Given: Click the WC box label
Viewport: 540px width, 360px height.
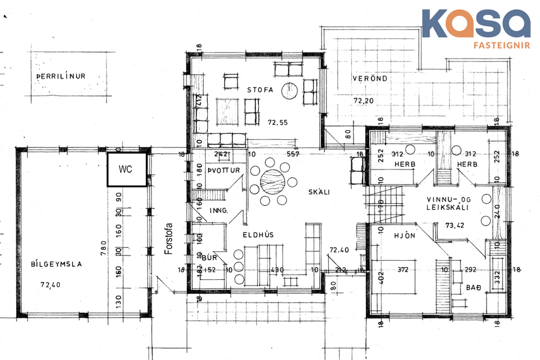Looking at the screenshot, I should [125, 170].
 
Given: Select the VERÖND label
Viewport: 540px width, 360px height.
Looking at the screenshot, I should [370, 78].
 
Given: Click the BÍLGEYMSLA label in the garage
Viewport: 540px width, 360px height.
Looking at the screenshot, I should [56, 264].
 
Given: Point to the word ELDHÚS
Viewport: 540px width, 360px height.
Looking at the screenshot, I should [258, 235].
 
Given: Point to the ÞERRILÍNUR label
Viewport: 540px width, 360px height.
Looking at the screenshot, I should [61, 75].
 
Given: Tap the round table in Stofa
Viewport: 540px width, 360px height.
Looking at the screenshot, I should [289, 91].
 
